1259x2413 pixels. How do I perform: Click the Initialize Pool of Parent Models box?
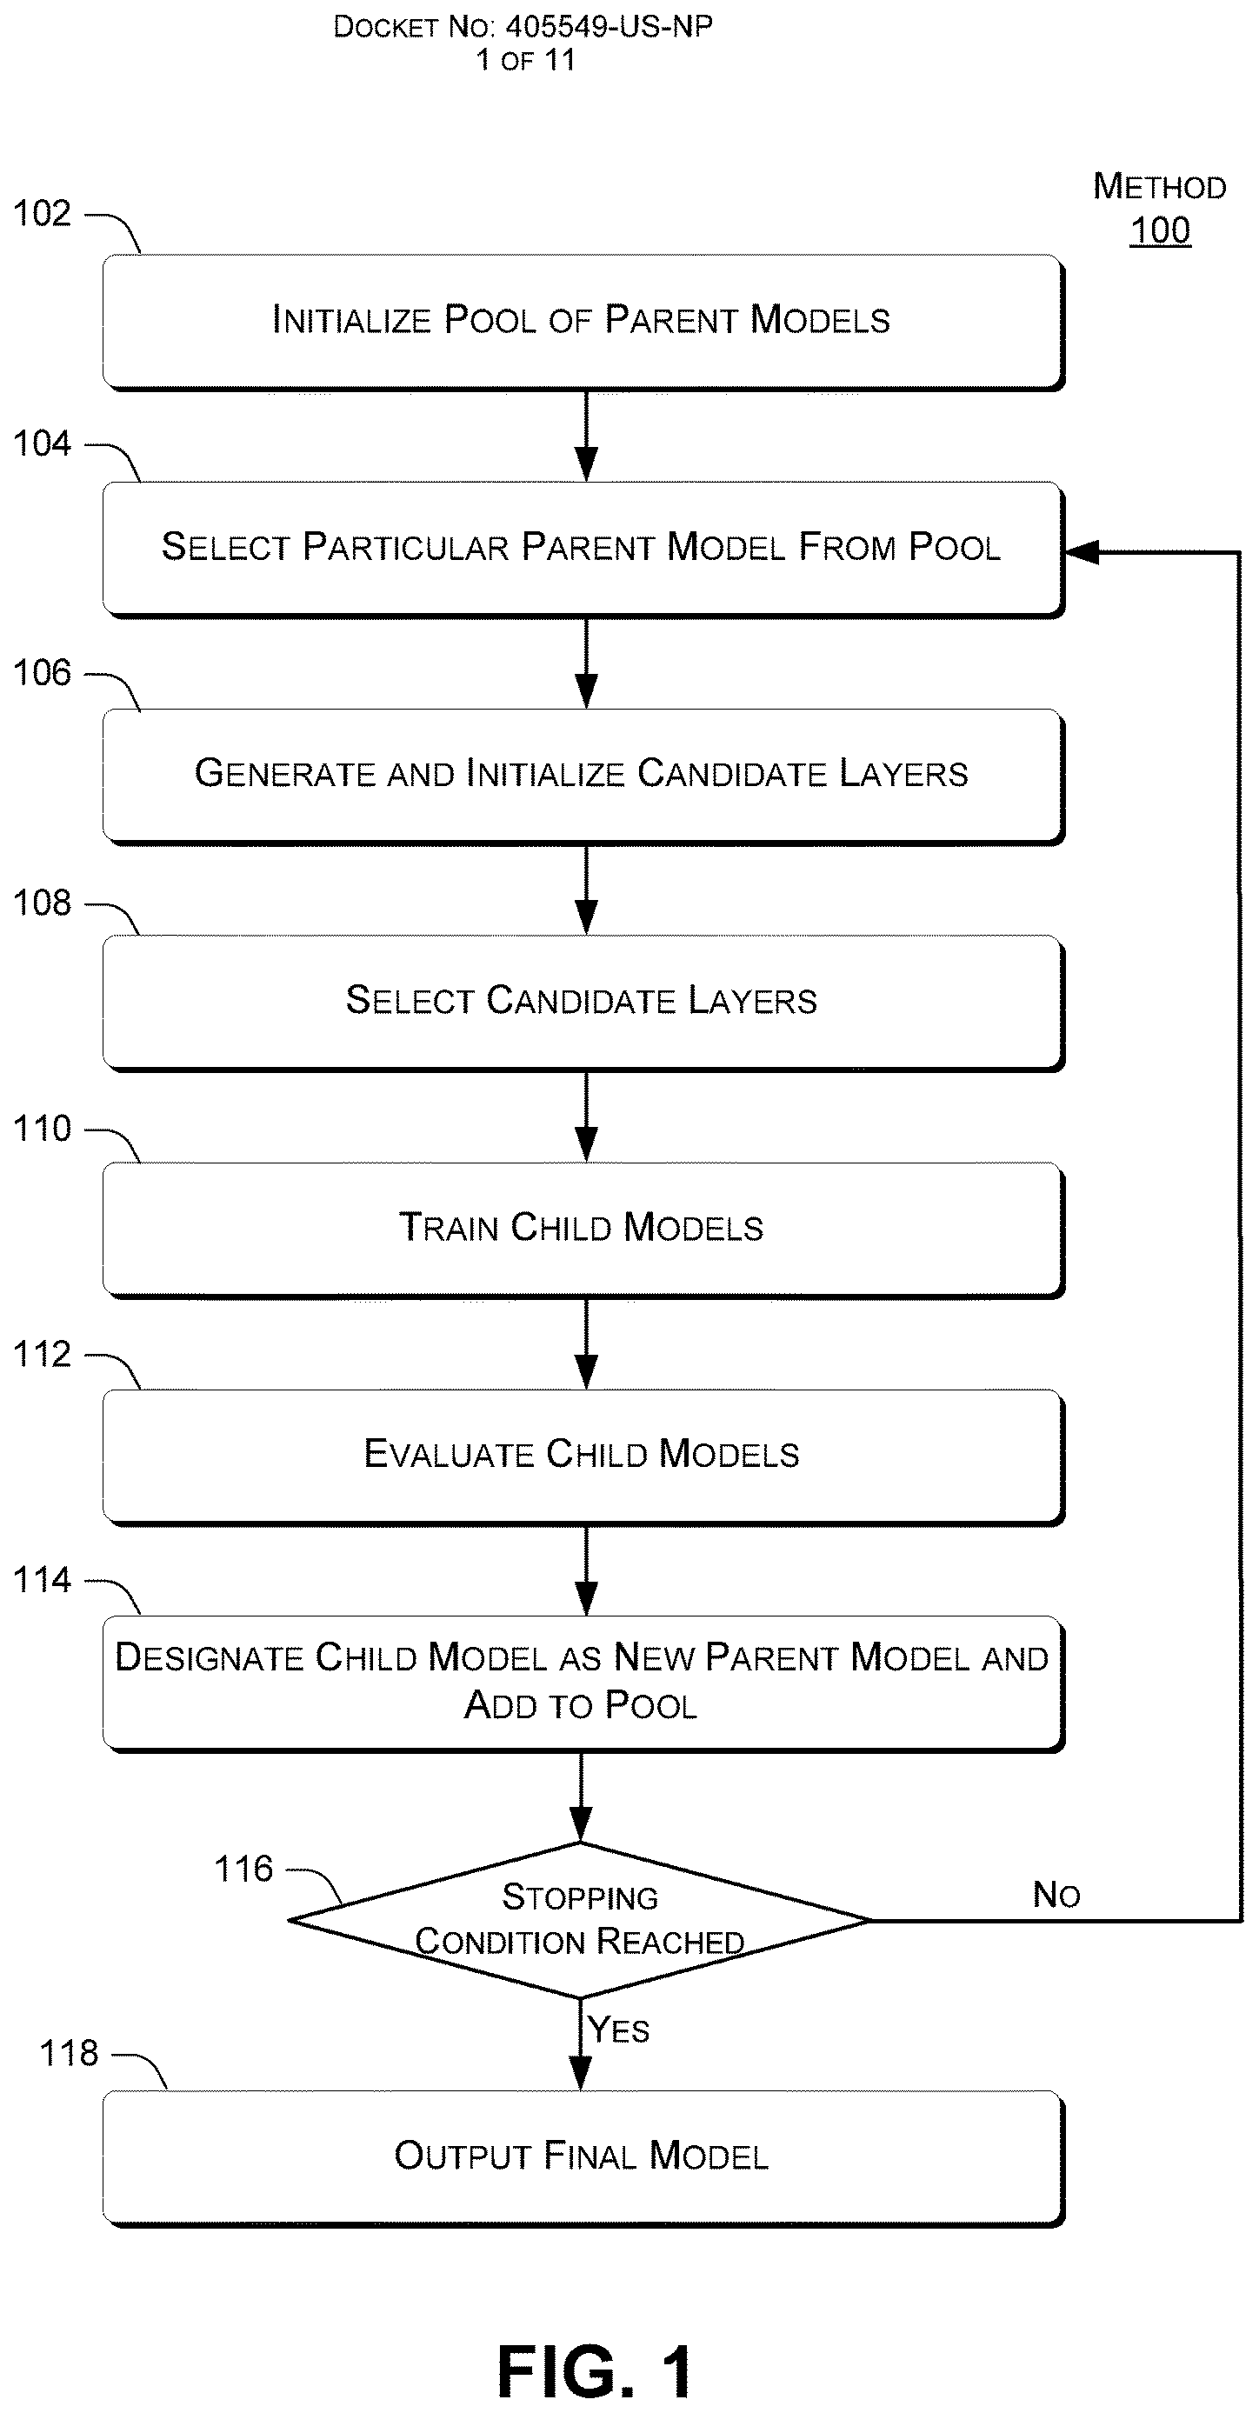(x=583, y=321)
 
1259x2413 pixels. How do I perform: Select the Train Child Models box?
(x=583, y=1229)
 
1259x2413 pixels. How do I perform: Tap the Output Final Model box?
(x=583, y=2156)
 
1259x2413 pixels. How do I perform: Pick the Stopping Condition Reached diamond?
(x=580, y=1919)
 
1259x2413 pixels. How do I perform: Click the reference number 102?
(x=41, y=214)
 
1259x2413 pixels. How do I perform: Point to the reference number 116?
(x=243, y=1869)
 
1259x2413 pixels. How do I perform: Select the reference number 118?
(x=69, y=2053)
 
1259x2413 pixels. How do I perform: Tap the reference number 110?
(x=41, y=1129)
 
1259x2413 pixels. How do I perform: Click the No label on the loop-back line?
(x=1056, y=1895)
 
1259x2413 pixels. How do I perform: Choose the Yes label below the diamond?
(x=618, y=2030)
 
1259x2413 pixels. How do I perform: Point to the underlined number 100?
(x=1160, y=230)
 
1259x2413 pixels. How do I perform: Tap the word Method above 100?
(x=1160, y=186)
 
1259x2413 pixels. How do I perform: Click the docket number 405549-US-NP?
(x=609, y=26)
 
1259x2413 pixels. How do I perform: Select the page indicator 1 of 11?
(x=525, y=60)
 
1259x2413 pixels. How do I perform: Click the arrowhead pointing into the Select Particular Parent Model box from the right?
(x=1082, y=553)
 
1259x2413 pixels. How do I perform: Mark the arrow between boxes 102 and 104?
(x=586, y=436)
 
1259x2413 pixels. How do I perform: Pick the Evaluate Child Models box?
(x=583, y=1456)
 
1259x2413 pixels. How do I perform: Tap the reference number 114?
(x=41, y=1580)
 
